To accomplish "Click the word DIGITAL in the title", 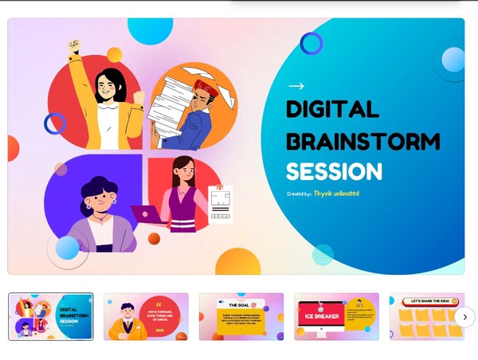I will [332, 110].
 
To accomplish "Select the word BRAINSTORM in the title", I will [362, 141].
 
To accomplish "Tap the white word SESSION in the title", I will [334, 171].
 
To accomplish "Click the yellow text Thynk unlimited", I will [336, 194].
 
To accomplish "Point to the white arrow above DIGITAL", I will [296, 86].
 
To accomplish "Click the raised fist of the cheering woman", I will [75, 47].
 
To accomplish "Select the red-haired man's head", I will [205, 89].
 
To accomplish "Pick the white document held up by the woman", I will [220, 205].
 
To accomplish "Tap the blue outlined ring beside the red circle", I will [54, 123].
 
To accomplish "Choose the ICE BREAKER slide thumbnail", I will [336, 316].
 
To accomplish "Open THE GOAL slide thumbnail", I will [241, 316].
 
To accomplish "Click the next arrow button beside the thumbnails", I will [464, 317].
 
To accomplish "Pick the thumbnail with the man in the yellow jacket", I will [146, 316].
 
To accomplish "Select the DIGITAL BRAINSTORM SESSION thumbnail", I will [51, 316].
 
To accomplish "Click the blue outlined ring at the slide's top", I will [311, 44].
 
